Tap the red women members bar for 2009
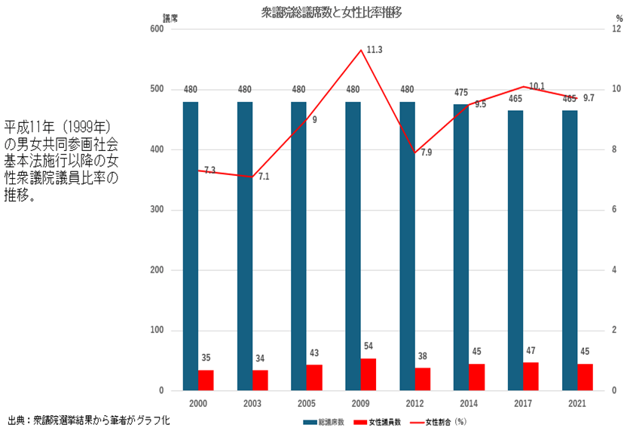pos(369,374)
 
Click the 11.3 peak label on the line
pos(375,50)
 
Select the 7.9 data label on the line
pos(426,152)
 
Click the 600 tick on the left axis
pos(157,29)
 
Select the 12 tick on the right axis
pos(616,29)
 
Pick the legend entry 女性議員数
pos(388,422)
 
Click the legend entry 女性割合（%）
pos(449,422)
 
